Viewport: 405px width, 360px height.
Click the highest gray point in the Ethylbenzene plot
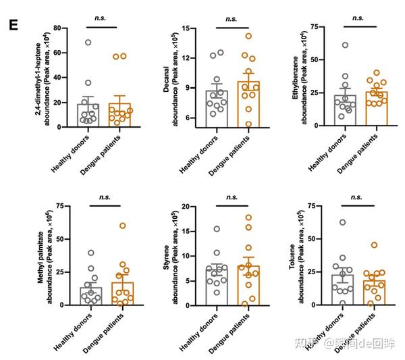[345, 45]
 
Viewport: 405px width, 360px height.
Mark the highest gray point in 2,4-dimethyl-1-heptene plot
[88, 43]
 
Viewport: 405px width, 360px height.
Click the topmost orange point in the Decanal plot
[248, 36]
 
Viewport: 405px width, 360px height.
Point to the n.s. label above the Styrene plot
[232, 197]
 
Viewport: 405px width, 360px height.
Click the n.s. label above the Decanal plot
[232, 20]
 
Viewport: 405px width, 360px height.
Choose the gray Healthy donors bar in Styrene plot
[216, 285]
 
